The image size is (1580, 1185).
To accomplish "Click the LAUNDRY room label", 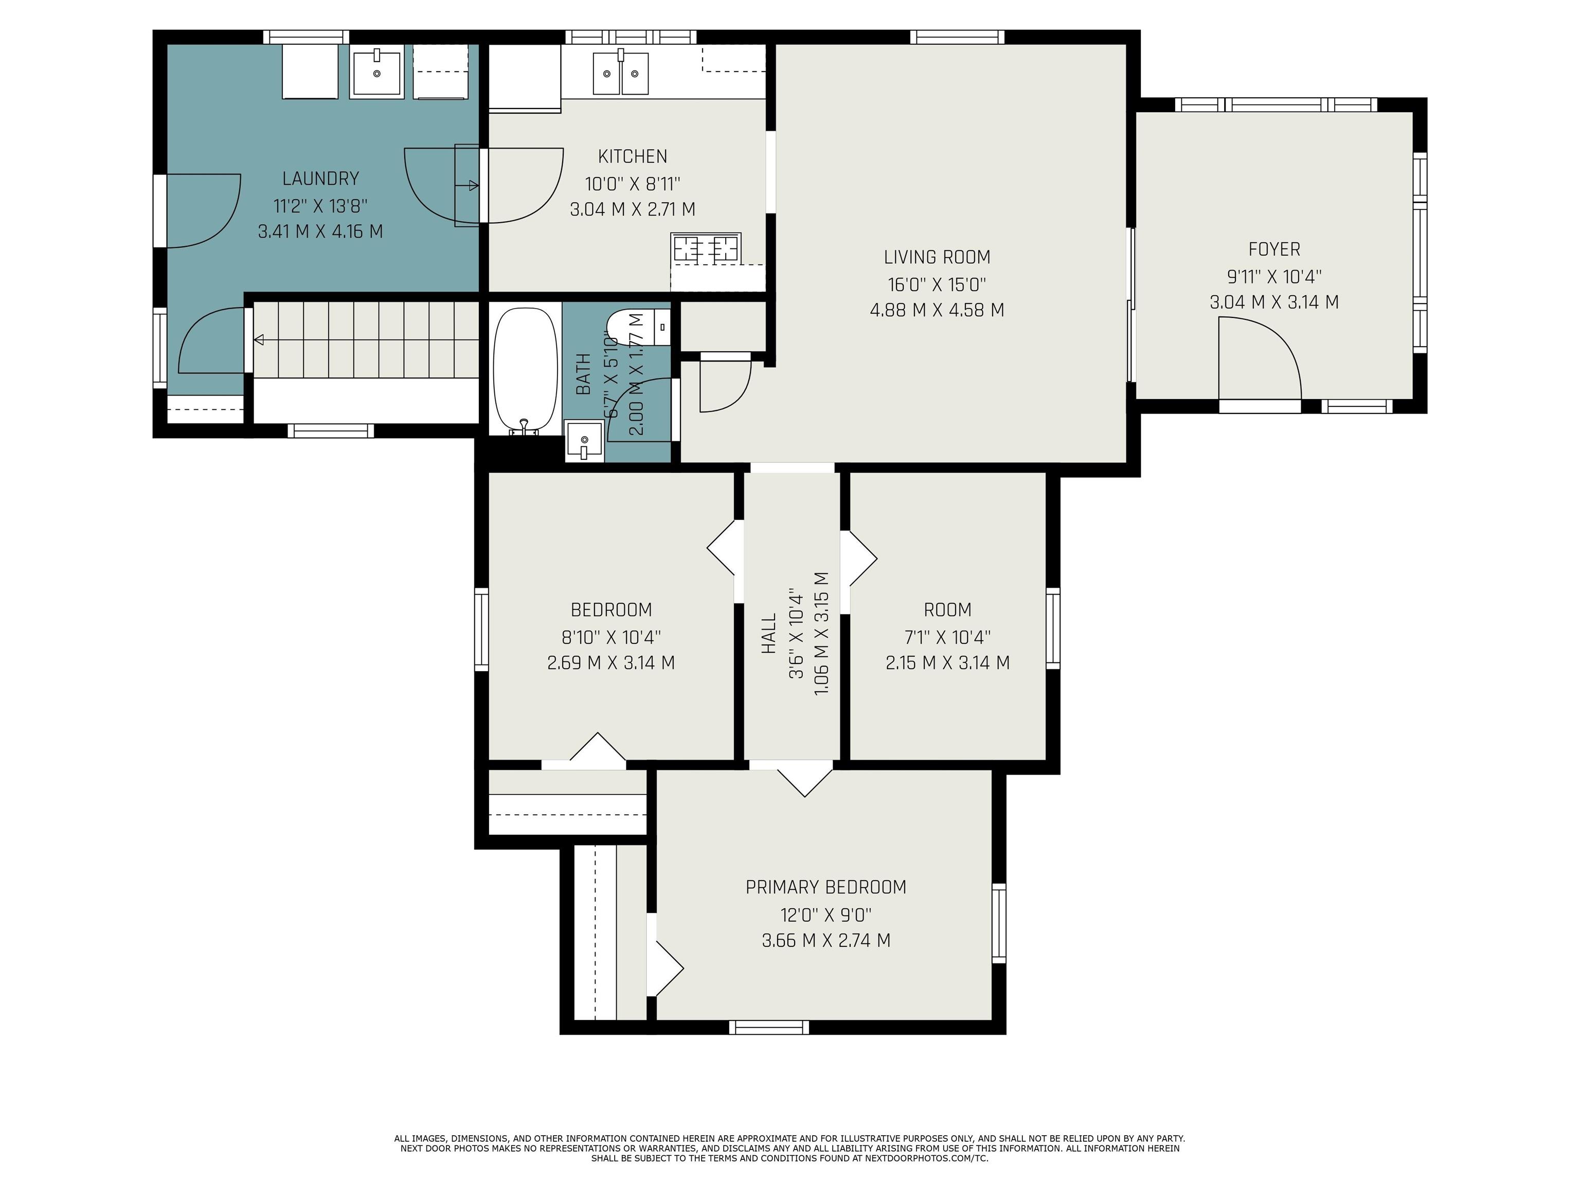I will coord(320,178).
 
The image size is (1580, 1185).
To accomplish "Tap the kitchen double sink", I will coord(620,73).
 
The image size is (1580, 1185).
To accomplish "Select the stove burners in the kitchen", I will coord(706,248).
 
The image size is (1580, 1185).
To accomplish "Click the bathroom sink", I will coord(584,441).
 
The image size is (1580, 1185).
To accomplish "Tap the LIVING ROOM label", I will coord(937,257).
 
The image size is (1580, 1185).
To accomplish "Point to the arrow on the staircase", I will coord(259,340).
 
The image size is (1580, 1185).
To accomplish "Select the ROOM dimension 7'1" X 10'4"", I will coord(947,636).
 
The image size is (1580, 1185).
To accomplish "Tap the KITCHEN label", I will coord(632,156).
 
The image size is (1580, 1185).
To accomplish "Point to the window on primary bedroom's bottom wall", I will coord(768,1027).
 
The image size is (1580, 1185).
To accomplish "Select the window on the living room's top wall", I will coord(957,37).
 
